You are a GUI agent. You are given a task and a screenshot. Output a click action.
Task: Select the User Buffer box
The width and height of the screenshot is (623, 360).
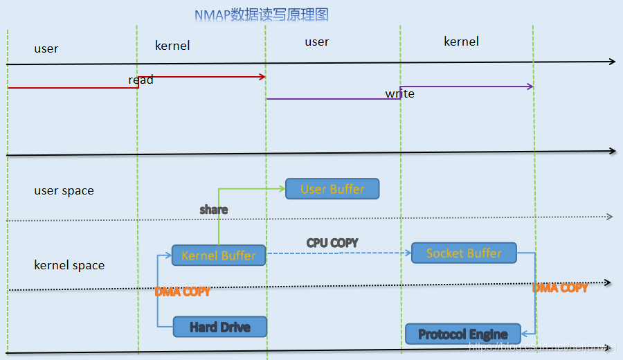click(332, 189)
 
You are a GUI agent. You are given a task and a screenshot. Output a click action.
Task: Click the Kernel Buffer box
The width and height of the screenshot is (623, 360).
click(219, 255)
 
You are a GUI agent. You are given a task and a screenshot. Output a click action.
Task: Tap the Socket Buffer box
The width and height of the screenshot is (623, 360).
click(464, 253)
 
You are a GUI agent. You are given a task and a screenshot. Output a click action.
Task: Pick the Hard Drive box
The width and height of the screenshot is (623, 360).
click(219, 327)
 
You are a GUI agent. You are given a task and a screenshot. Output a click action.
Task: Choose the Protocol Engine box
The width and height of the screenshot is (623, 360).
click(462, 334)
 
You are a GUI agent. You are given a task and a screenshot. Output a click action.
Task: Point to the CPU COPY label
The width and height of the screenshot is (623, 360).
click(332, 243)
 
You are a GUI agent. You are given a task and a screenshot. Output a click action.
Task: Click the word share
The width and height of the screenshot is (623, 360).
click(213, 209)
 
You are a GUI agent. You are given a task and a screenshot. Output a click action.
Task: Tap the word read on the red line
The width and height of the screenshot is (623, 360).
click(141, 80)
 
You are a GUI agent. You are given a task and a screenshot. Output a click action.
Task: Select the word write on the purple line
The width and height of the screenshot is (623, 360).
click(400, 93)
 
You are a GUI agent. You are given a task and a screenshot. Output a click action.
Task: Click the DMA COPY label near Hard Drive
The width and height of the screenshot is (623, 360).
click(182, 291)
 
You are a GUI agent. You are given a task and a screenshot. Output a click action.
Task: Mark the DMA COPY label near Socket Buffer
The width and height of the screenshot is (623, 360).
click(560, 287)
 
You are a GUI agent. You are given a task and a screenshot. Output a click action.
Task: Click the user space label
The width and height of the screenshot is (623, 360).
click(64, 191)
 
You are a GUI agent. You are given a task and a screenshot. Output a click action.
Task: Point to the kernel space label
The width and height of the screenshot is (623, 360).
click(69, 266)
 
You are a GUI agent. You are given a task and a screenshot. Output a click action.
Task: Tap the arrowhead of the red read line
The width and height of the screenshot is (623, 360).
click(263, 76)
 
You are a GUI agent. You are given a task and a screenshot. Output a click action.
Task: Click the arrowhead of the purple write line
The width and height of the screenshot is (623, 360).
click(530, 87)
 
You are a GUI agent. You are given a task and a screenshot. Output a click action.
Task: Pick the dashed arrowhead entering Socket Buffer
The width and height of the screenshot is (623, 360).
click(408, 253)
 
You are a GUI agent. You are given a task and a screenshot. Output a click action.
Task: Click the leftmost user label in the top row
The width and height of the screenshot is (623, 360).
click(46, 48)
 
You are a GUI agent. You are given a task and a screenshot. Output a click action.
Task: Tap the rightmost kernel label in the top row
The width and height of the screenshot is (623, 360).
click(461, 42)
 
